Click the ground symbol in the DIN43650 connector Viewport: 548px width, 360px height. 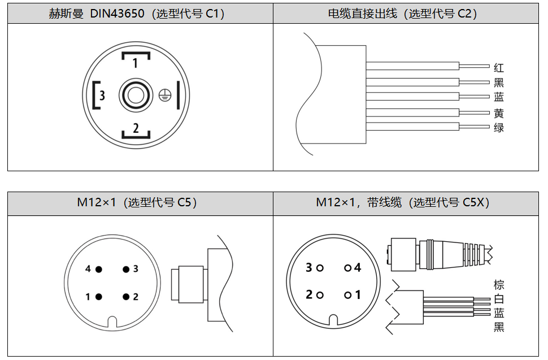[165, 95]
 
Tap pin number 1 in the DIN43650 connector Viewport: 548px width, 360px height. [135, 63]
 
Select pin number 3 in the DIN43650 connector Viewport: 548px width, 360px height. [102, 95]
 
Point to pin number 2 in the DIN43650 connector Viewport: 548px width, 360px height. [136, 128]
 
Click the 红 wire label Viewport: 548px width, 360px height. [499, 67]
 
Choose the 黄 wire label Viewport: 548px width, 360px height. [499, 113]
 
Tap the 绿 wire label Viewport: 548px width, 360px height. [499, 128]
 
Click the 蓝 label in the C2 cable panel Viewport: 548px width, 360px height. [499, 97]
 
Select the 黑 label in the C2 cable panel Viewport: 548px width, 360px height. [499, 83]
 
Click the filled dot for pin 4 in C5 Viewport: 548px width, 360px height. [99, 269]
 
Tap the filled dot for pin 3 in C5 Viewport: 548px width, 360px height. [126, 269]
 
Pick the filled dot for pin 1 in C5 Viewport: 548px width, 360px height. [99, 297]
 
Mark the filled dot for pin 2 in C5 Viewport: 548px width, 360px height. [126, 297]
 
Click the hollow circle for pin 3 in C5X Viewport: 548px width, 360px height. [320, 268]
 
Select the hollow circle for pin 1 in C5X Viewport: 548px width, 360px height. [348, 296]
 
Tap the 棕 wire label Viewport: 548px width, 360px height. [499, 284]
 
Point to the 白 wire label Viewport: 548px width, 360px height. [499, 299]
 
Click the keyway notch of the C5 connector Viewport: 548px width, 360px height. [112, 322]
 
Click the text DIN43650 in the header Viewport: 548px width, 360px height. [117, 14]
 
